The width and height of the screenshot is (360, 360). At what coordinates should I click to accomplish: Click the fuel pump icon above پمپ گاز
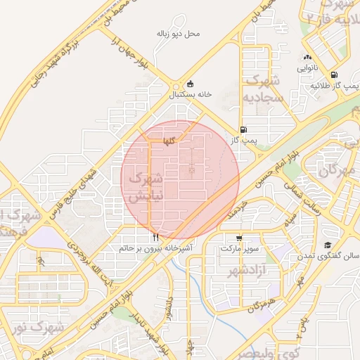coord(243,129)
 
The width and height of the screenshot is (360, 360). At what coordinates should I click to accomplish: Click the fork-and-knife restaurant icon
coord(155,237)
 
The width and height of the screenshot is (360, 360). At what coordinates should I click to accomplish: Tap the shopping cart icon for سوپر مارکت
coord(239,238)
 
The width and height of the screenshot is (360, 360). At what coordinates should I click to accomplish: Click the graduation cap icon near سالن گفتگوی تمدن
coord(328,245)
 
